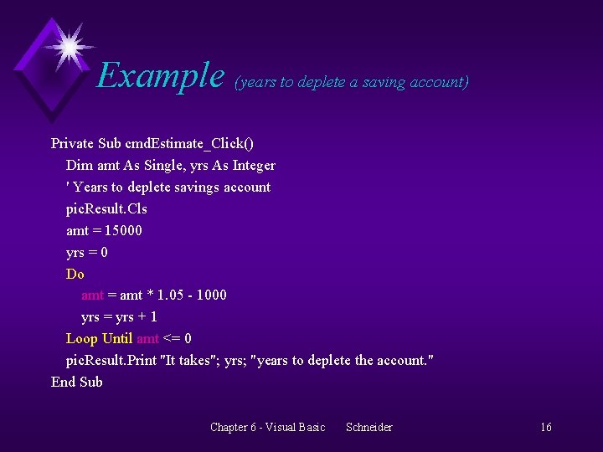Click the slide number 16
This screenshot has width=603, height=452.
(546, 428)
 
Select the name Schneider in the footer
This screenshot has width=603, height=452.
(368, 428)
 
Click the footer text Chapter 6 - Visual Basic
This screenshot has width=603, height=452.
(267, 428)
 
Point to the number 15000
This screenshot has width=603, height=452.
(123, 230)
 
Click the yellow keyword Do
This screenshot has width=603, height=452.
(75, 274)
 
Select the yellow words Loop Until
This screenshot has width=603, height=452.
(99, 338)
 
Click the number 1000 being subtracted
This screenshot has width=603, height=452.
(211, 295)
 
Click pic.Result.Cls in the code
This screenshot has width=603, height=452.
(106, 208)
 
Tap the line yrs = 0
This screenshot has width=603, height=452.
(87, 252)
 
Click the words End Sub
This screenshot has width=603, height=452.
(77, 382)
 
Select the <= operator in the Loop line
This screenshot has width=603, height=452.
(172, 338)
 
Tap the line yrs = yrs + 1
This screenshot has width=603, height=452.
(119, 316)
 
